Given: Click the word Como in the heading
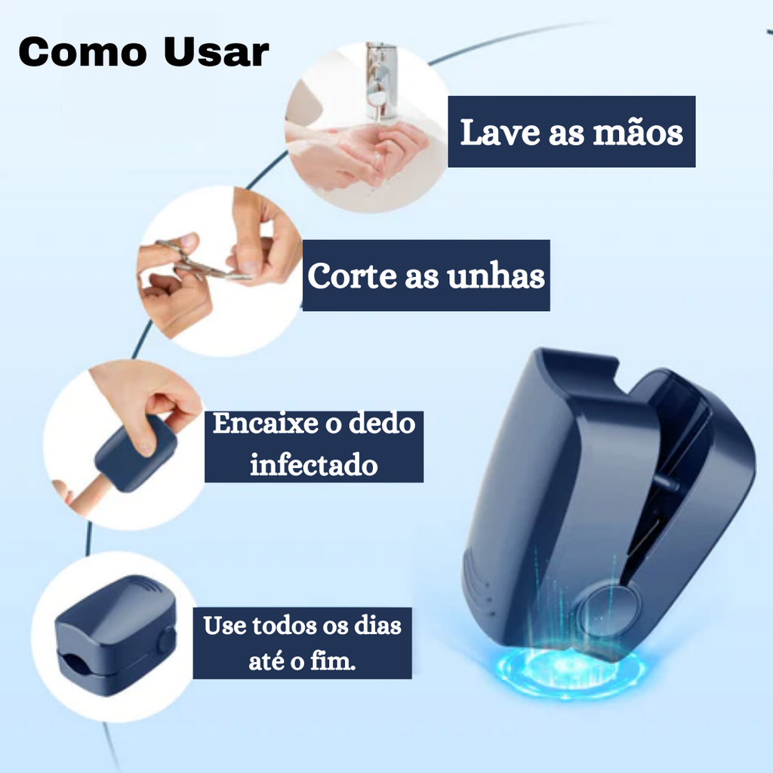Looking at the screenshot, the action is [x=83, y=52].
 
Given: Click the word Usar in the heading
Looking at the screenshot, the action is [x=217, y=52].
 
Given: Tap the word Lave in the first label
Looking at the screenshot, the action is [x=500, y=132].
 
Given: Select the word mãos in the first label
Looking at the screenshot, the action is [x=638, y=132].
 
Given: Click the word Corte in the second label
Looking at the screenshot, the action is [x=352, y=276].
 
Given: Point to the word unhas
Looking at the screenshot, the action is [x=496, y=276].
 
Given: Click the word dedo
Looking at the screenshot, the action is [x=382, y=423].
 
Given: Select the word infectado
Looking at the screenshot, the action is [x=314, y=464].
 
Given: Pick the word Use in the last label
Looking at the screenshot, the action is [x=225, y=626].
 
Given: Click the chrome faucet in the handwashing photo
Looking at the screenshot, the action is [x=380, y=79].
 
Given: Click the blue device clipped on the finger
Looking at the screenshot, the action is [x=135, y=453].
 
